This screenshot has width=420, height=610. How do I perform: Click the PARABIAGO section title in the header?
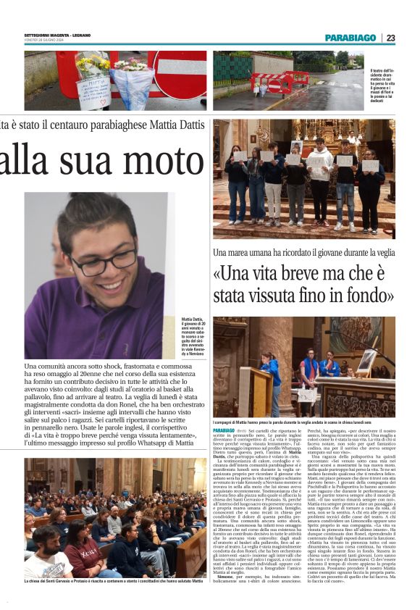point(350,38)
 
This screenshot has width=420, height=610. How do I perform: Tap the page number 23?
point(390,38)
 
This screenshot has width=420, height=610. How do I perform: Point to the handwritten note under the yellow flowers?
point(93,92)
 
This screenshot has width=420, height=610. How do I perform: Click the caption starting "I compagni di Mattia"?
point(302,422)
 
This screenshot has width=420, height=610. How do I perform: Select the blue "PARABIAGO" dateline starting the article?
point(224,430)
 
